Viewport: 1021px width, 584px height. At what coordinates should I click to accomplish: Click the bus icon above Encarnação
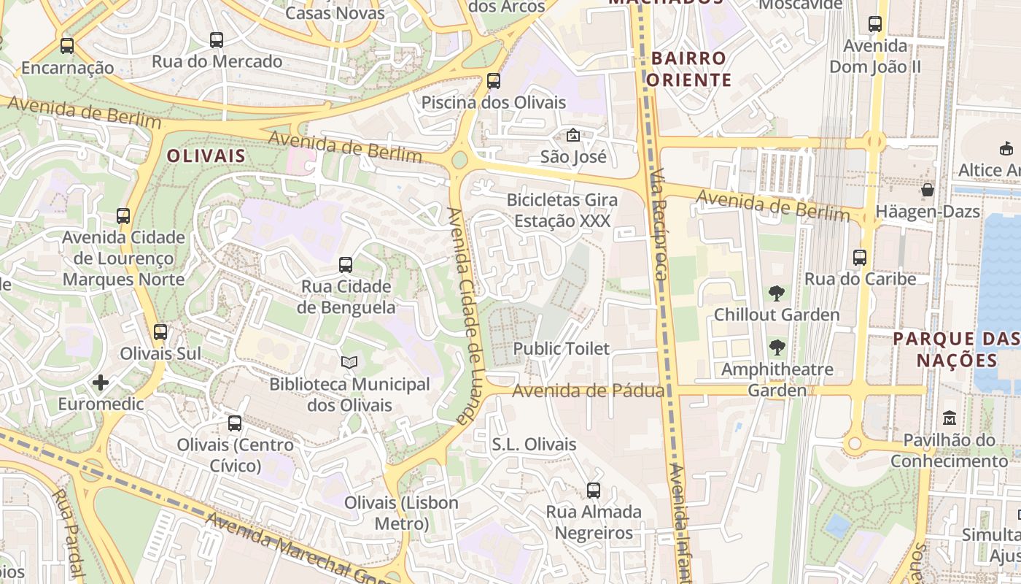click(x=67, y=46)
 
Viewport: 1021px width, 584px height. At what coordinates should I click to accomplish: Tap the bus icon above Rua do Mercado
click(x=217, y=40)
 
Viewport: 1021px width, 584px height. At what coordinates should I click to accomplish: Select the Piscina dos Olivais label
click(x=494, y=102)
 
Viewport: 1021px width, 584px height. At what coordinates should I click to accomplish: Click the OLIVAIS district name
click(x=206, y=156)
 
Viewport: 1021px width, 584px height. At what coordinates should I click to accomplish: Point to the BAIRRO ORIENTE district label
click(x=689, y=69)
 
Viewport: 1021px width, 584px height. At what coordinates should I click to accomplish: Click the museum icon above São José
click(x=573, y=135)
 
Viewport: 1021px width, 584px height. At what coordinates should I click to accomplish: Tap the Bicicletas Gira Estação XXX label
click(x=562, y=210)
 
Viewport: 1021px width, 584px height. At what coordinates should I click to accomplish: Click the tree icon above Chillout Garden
click(x=777, y=293)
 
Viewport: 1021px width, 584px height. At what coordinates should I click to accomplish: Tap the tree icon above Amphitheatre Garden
click(x=777, y=347)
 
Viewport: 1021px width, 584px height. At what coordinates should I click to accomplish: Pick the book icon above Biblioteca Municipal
click(x=350, y=362)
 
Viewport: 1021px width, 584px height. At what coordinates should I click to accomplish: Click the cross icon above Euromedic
click(x=101, y=383)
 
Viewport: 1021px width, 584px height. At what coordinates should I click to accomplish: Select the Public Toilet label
click(x=561, y=349)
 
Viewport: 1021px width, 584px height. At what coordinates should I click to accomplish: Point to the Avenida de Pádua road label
click(x=588, y=391)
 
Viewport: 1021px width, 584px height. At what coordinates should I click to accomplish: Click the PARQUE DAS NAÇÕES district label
click(x=956, y=350)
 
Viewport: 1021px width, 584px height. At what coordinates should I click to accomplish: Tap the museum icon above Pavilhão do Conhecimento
click(x=950, y=418)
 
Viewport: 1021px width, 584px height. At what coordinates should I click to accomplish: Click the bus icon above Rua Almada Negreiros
click(x=594, y=491)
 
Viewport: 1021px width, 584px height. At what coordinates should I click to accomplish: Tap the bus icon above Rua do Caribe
click(x=860, y=258)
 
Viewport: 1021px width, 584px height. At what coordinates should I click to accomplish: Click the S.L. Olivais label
click(x=534, y=445)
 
